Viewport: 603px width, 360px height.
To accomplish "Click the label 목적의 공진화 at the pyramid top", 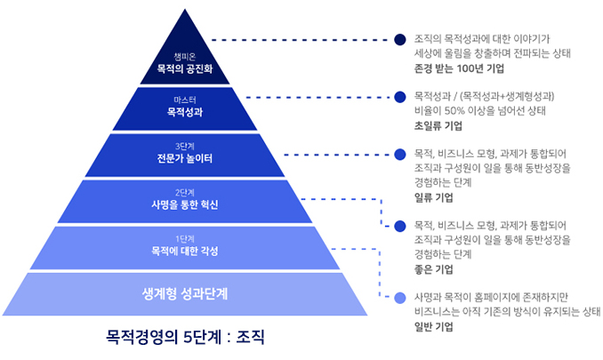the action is click(185, 68).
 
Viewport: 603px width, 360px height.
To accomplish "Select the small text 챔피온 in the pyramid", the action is click(185, 57).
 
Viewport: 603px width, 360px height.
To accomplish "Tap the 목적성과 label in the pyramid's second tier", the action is click(185, 112).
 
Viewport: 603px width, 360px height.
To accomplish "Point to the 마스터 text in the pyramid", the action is click(185, 100).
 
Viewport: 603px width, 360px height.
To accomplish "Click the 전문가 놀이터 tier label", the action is click(185, 158).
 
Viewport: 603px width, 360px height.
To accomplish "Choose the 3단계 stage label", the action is click(185, 147).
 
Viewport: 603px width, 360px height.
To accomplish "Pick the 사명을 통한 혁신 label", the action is click(185, 204).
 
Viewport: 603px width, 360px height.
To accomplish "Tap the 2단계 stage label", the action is click(185, 193).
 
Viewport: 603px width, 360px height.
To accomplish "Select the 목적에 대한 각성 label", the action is click(185, 251).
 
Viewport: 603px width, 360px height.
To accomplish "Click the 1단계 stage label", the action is click(185, 239).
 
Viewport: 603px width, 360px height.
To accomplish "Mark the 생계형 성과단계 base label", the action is click(185, 294).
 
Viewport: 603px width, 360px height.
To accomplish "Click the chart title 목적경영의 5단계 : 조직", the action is click(185, 337).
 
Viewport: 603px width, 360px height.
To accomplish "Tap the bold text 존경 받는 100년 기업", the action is click(459, 68).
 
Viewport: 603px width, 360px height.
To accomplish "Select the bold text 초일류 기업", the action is click(438, 125).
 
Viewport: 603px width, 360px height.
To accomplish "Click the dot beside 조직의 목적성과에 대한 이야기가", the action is click(400, 40).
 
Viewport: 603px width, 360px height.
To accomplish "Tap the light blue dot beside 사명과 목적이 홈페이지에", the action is click(400, 298).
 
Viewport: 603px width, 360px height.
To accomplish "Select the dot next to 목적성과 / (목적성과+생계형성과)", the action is click(400, 97).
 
